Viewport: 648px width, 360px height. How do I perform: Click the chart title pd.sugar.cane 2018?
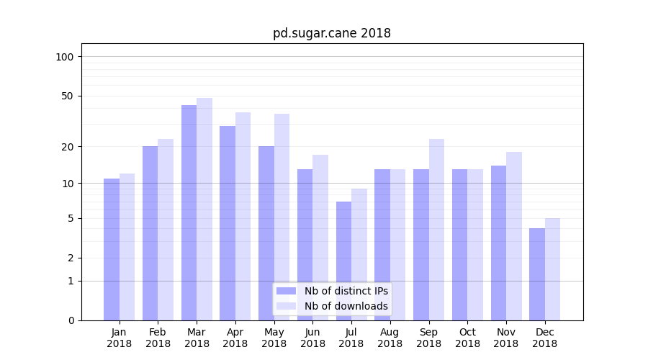tap(331, 33)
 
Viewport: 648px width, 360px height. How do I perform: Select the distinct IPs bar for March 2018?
tap(189, 212)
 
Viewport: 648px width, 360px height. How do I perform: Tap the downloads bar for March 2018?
tap(204, 209)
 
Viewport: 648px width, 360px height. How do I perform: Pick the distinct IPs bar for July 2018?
tap(343, 261)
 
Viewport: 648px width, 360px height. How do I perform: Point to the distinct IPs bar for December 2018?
tap(537, 274)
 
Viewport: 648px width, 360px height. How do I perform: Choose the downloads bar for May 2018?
tap(282, 217)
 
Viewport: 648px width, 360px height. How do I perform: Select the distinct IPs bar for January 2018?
tap(112, 249)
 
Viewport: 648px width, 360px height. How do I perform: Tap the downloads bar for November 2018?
tap(514, 235)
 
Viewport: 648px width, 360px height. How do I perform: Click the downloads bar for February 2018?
tap(166, 229)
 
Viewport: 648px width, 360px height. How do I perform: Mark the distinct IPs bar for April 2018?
tap(228, 223)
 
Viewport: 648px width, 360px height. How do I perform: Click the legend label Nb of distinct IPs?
tap(346, 291)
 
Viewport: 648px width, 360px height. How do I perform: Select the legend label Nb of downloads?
tap(346, 306)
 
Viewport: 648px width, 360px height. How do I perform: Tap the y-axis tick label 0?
tap(71, 320)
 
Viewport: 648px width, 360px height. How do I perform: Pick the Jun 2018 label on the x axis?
tap(312, 338)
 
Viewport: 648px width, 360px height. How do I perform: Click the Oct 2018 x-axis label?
tap(467, 338)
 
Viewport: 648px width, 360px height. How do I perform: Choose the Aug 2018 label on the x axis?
tap(390, 338)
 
